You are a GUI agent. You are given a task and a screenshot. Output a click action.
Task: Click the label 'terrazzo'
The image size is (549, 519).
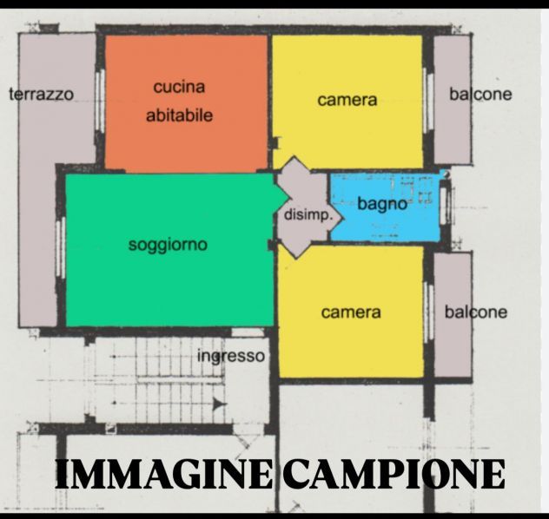click(41, 94)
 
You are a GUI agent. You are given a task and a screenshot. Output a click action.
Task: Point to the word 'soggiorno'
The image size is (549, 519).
click(168, 245)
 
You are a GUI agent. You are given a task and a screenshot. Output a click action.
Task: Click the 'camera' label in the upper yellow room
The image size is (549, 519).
click(347, 100)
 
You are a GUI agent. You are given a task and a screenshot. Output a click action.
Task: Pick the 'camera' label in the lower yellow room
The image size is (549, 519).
click(350, 312)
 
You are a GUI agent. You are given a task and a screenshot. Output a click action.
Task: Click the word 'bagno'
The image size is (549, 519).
click(382, 205)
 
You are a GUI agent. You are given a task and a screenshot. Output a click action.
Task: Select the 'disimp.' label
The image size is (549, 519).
click(307, 214)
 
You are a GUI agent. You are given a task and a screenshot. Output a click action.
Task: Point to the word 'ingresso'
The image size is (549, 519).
click(230, 357)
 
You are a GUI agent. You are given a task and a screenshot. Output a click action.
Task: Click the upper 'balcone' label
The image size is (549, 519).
click(480, 94)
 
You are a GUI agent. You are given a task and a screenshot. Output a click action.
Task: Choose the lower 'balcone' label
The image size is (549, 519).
click(475, 312)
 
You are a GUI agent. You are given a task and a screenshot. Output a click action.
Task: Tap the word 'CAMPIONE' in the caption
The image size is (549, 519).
click(396, 475)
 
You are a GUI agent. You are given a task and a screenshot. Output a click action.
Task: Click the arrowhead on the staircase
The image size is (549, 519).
click(218, 404)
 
